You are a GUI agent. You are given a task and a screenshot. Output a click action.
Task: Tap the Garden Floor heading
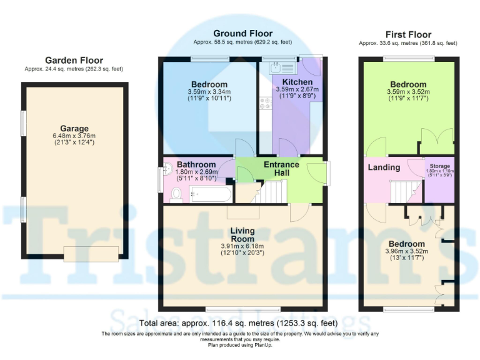[74, 61]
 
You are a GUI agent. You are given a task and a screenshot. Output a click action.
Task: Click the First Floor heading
[407, 34]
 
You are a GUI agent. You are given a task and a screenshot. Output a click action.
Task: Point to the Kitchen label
[297, 82]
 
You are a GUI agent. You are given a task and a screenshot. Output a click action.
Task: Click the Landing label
[384, 167]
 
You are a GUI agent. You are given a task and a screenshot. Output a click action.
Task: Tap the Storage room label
[439, 166]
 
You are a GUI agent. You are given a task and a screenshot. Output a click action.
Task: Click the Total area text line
[239, 323]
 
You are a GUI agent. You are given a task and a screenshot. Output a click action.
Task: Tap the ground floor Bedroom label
[209, 84]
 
